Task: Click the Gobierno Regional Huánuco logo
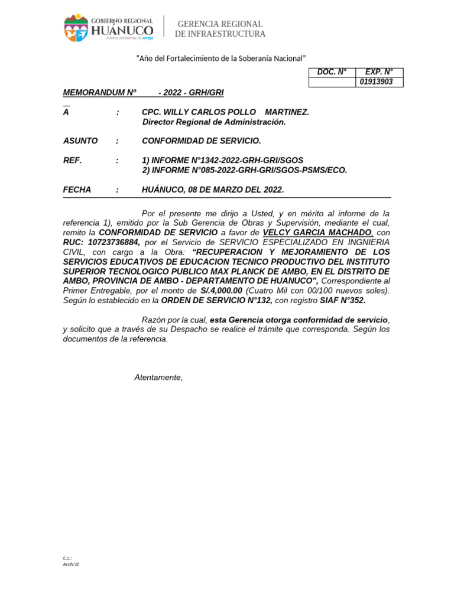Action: click(109, 28)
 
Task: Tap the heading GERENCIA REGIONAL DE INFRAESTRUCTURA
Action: click(220, 29)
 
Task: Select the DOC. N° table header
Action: click(332, 72)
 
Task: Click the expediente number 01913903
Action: click(376, 82)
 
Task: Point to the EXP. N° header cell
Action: click(379, 72)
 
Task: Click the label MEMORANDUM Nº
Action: click(100, 93)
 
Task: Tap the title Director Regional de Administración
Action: click(214, 122)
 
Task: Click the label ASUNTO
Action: click(80, 141)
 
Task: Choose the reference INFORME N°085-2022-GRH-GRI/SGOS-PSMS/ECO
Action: click(245, 170)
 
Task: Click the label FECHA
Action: click(77, 190)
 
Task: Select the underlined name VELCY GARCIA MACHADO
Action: click(318, 233)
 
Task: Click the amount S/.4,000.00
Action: click(221, 291)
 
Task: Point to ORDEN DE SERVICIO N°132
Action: click(216, 300)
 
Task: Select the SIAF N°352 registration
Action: click(343, 300)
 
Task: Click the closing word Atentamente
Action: click(158, 378)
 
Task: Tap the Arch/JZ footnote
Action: click(71, 564)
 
